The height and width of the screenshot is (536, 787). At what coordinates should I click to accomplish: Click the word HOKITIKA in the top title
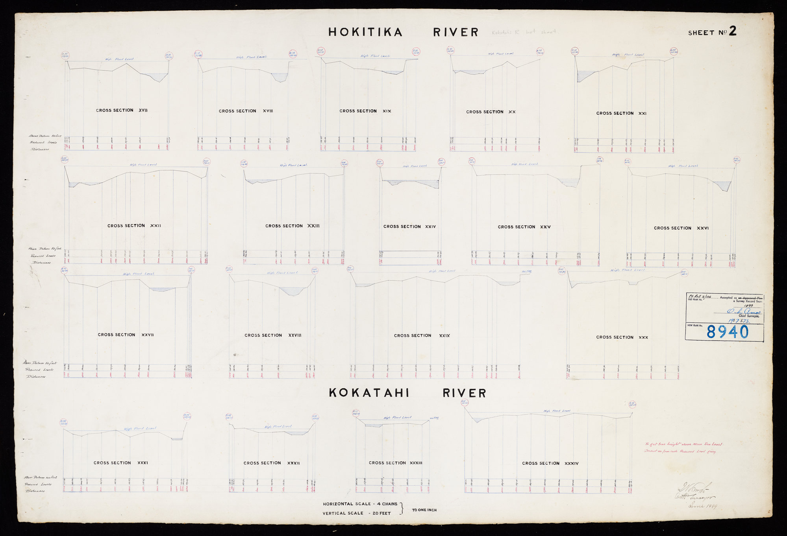click(365, 32)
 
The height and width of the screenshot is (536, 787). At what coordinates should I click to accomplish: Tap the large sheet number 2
click(732, 31)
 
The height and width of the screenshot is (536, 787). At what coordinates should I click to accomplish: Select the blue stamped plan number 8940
click(727, 332)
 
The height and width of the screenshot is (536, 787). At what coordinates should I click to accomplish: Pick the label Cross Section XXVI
click(681, 228)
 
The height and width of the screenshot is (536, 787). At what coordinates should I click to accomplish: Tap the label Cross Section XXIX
click(422, 336)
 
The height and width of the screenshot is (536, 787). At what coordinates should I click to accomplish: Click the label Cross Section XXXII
click(271, 463)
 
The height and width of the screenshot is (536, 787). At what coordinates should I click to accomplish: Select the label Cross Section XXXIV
click(550, 464)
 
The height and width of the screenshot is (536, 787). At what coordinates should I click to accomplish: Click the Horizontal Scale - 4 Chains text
click(360, 504)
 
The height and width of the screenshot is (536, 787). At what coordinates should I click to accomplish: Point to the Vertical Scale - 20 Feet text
click(357, 513)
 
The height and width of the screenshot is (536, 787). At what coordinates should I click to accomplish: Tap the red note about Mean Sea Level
click(683, 448)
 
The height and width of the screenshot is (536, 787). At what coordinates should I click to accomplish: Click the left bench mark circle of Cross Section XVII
click(65, 55)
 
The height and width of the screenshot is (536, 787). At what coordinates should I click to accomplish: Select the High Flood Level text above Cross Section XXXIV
click(557, 411)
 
